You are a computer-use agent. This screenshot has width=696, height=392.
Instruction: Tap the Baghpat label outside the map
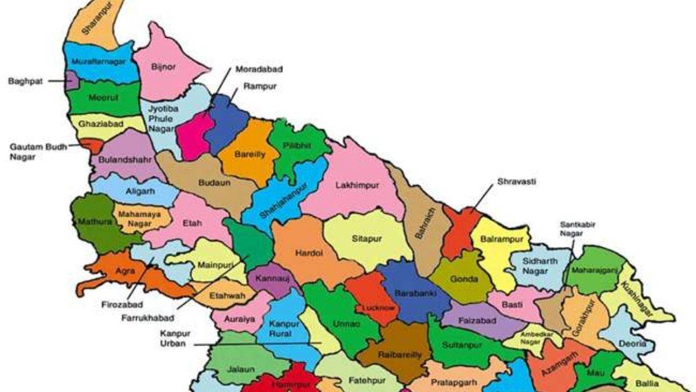26,81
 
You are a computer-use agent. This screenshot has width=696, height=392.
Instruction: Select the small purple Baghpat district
71,80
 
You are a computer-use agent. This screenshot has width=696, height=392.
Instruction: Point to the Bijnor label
163,67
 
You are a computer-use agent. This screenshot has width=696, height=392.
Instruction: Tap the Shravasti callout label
516,182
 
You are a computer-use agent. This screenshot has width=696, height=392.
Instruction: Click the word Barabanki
411,294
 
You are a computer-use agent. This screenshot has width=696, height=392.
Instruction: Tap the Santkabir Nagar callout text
578,228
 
